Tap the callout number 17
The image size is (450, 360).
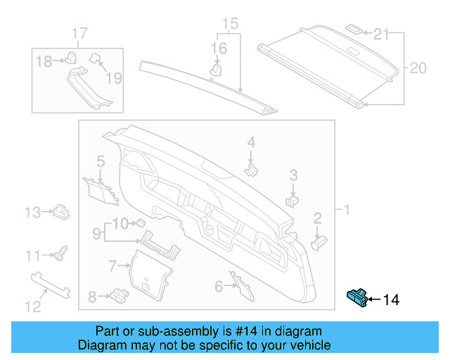point(79,33)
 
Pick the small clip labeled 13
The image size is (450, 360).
point(61,210)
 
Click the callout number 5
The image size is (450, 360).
point(101,161)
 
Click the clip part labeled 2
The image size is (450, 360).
point(319,240)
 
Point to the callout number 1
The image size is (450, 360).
point(346,210)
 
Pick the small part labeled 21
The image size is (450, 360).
point(354,30)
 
